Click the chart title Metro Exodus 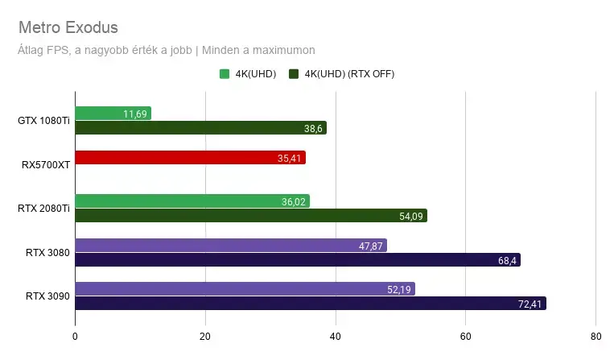[68, 27]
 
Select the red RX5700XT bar [190, 158]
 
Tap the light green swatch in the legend [225, 73]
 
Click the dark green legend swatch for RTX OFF [294, 73]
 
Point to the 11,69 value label [135, 114]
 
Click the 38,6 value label [313, 129]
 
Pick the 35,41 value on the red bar [289, 159]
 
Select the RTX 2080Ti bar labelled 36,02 [192, 201]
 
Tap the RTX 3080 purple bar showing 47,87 [231, 245]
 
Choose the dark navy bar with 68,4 [298, 259]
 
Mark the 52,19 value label [399, 289]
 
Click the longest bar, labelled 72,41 [311, 303]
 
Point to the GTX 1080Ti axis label [43, 121]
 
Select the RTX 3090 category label [47, 296]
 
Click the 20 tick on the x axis [205, 337]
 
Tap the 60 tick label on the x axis [466, 337]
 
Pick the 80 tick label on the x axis [596, 337]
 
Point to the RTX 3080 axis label [47, 253]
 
